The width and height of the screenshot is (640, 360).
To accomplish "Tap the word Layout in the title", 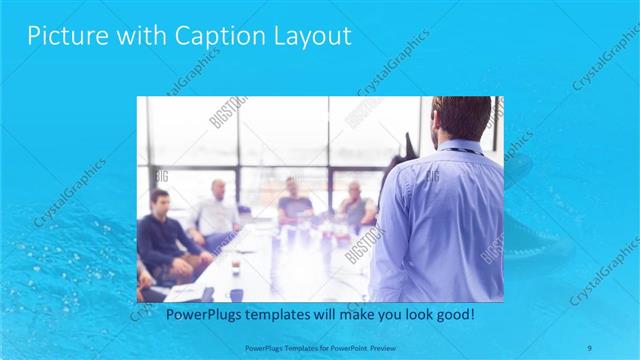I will pyautogui.click(x=314, y=37).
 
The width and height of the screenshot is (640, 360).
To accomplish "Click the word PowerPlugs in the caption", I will pyautogui.click(x=198, y=314).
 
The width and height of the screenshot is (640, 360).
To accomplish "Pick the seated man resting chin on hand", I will pyautogui.click(x=354, y=205).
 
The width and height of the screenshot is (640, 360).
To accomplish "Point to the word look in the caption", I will pyautogui.click(x=394, y=314).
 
